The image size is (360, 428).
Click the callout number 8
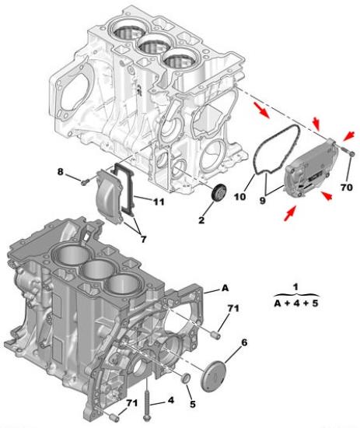pyautogui.click(x=60, y=172)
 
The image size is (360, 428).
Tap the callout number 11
pyautogui.click(x=159, y=202)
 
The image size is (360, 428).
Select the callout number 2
pyautogui.click(x=201, y=220)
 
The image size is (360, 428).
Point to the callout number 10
pyautogui.click(x=240, y=197)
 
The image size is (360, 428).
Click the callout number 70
pyautogui.click(x=346, y=188)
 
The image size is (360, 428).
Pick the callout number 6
pyautogui.click(x=244, y=342)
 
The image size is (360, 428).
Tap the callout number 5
pyautogui.click(x=193, y=404)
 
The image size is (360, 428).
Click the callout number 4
pyautogui.click(x=171, y=400)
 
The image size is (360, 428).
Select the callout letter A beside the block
pyautogui.click(x=225, y=288)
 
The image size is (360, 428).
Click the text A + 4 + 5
pyautogui.click(x=296, y=303)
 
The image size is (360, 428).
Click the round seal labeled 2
pyautogui.click(x=219, y=193)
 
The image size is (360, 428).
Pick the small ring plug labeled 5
pyautogui.click(x=187, y=377)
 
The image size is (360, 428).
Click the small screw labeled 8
pyautogui.click(x=85, y=181)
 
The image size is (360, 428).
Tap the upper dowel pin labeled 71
pyautogui.click(x=216, y=335)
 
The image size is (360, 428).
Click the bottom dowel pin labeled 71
pyautogui.click(x=114, y=416)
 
